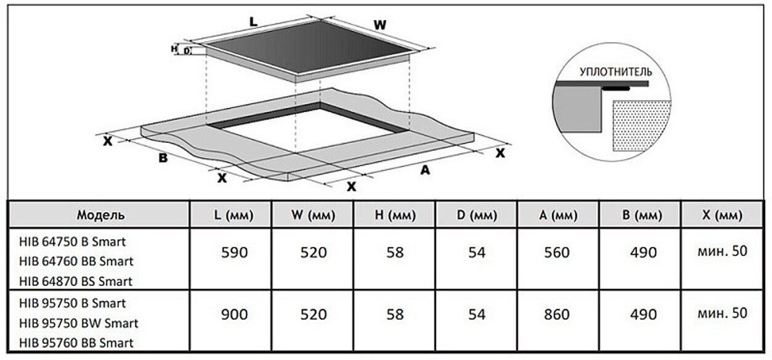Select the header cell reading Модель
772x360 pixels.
100,215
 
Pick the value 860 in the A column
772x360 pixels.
558,314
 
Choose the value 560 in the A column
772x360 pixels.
558,252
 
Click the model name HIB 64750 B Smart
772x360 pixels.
72,241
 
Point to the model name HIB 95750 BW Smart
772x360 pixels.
79,323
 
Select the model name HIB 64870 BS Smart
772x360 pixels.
76,282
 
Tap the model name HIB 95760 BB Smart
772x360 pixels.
76,343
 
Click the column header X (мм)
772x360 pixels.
722,216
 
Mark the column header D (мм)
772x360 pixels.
476,216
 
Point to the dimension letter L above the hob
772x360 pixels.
253,22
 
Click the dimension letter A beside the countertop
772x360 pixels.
425,171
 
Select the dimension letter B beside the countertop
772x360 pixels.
163,158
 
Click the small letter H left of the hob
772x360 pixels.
174,48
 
